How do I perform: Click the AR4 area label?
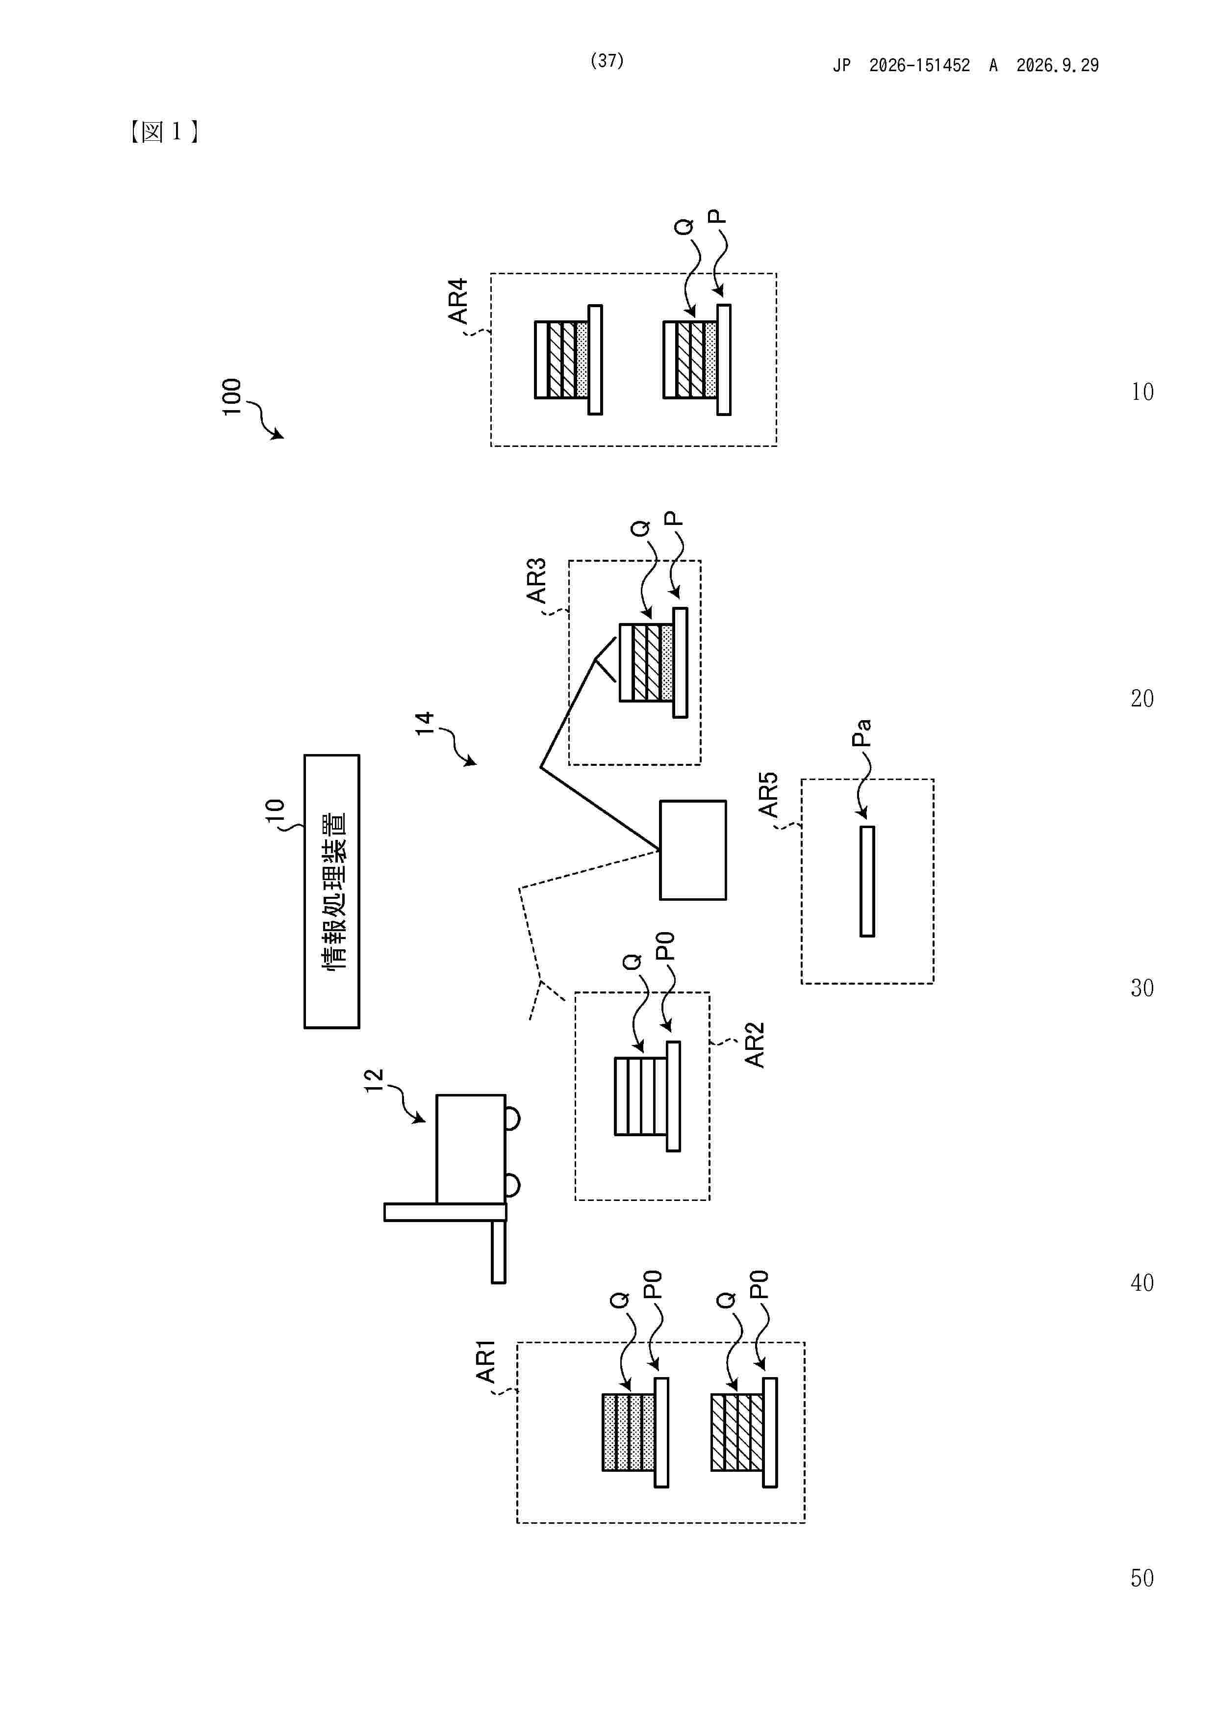[x=458, y=301]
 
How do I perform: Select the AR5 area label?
[x=768, y=795]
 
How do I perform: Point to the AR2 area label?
[x=755, y=1044]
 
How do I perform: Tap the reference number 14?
[x=425, y=723]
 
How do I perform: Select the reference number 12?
[x=373, y=1080]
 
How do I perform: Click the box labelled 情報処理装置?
[x=332, y=891]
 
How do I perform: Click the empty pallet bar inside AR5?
[x=867, y=882]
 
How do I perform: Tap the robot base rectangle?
[x=693, y=850]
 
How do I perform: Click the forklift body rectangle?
[x=471, y=1149]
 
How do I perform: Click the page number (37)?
[x=607, y=61]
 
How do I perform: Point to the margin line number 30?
[x=1142, y=988]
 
